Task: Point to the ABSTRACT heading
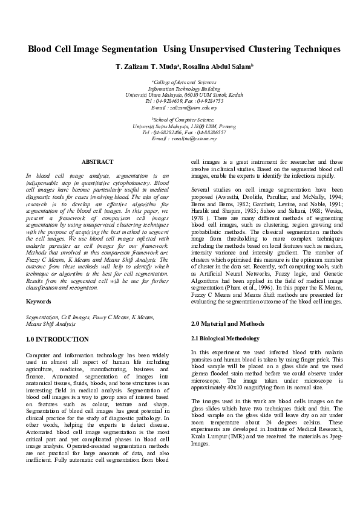[97, 161]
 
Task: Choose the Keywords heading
[38, 301]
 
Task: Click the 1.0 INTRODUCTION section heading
[57, 339]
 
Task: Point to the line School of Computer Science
[180, 120]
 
